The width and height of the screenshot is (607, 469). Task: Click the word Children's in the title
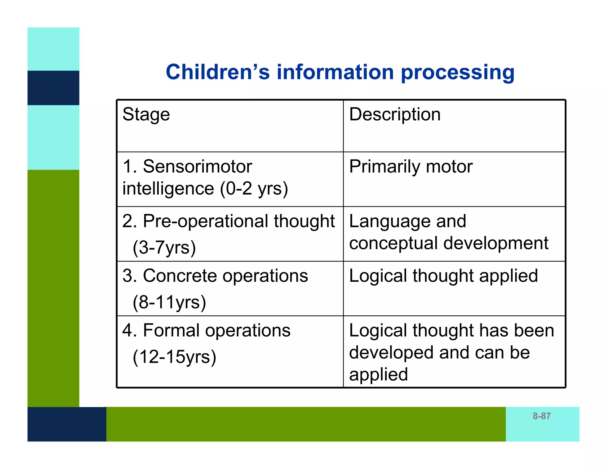click(218, 72)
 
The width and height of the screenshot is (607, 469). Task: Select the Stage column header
click(146, 114)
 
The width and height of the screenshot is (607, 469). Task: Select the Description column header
click(395, 114)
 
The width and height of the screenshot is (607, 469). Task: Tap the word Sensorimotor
click(197, 166)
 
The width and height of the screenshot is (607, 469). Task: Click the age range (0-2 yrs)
click(254, 189)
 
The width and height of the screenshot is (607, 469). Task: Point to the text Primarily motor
click(411, 166)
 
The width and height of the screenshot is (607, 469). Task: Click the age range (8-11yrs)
click(169, 302)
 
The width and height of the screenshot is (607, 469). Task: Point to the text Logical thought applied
click(443, 276)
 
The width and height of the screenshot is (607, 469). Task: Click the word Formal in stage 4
click(171, 330)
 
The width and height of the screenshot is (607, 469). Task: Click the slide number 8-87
click(541, 416)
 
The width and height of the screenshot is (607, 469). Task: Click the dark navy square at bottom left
click(67, 424)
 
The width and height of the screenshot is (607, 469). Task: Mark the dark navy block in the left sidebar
click(53, 88)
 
